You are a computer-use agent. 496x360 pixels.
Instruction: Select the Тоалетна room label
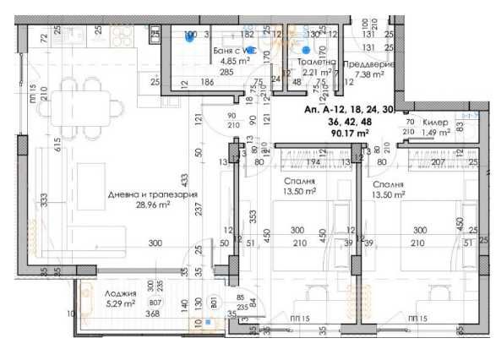(318, 62)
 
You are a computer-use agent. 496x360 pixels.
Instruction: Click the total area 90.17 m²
(349, 133)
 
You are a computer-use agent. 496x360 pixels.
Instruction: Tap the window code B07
(154, 303)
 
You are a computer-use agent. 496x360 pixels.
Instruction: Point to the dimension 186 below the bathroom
(206, 82)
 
